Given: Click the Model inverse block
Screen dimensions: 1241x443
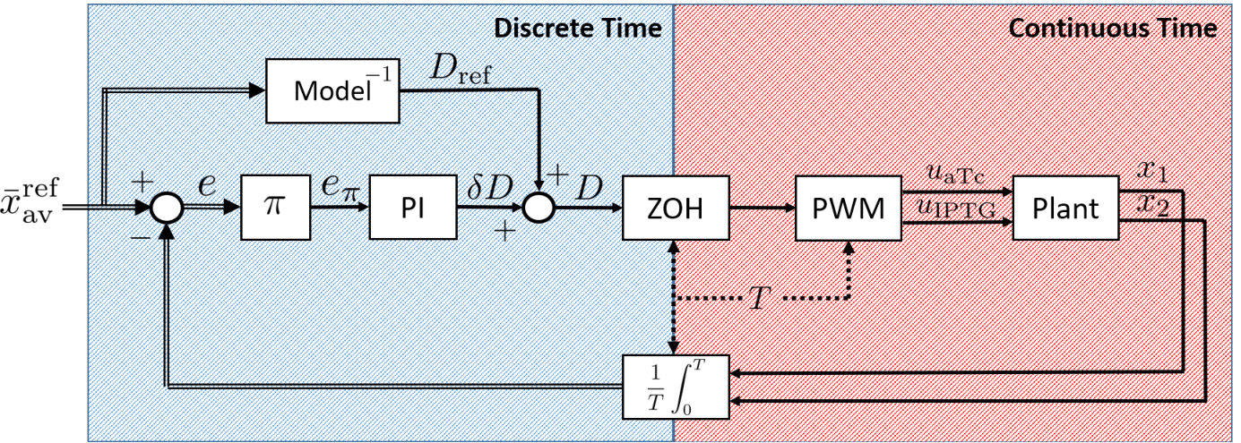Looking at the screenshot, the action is pos(332,90).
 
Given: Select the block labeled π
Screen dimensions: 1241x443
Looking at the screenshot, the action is pos(275,208).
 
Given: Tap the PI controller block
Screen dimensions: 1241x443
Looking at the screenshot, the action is pos(413,208).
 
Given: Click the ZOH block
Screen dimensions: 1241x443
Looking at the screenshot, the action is pos(676,208).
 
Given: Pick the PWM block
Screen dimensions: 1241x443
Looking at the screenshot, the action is pos(849,208).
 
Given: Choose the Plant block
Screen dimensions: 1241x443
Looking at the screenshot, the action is pos(1066,208).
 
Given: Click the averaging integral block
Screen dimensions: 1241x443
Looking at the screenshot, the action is pos(676,387).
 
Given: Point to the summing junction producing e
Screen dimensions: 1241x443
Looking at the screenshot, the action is pos(167,208).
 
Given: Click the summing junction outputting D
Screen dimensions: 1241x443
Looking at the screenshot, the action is pos(539,208).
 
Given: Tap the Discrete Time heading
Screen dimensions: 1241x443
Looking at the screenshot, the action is pos(578,29).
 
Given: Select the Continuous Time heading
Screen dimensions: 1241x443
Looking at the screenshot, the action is pos(1113,29).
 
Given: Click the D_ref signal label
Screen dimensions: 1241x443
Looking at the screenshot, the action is pos(461,70).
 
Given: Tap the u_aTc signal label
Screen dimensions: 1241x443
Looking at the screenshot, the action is pos(955,175).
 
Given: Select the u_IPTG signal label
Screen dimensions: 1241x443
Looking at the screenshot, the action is pos(957,209).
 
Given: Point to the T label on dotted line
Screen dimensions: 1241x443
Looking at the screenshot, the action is pos(759,298).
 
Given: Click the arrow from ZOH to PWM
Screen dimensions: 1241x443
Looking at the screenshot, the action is pos(763,208).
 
